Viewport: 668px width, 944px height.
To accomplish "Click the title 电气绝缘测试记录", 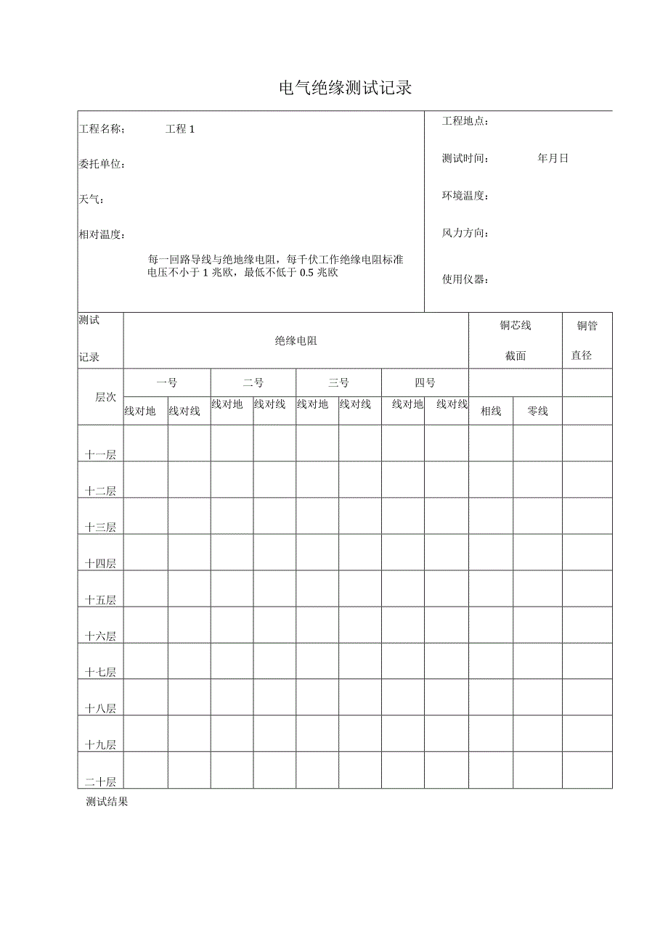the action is [346, 89].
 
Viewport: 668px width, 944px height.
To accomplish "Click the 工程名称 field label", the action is [102, 129].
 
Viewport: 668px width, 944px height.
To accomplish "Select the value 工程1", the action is [180, 129].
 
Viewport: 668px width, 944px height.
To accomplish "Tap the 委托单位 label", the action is [102, 165].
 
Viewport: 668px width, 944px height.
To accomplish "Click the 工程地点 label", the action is [465, 121].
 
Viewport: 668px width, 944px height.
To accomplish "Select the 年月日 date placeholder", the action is [553, 158].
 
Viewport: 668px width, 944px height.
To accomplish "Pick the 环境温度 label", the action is [465, 196].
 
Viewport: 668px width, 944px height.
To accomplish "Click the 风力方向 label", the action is [465, 233].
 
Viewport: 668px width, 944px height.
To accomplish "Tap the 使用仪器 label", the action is [465, 279].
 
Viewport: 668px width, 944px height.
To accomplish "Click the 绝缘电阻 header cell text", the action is [296, 340].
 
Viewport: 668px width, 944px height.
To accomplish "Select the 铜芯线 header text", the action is [515, 326].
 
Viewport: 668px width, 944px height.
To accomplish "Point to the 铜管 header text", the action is [587, 326].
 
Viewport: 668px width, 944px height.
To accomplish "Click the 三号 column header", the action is [338, 382].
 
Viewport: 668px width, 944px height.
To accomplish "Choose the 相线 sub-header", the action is [491, 411].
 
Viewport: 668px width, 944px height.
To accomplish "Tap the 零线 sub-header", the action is [537, 411].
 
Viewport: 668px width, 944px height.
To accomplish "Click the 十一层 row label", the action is [100, 454].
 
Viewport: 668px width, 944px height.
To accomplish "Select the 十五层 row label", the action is [100, 600].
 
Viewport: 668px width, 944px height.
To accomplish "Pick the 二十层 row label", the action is [100, 781].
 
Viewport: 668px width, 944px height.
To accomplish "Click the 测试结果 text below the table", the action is [107, 802].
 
